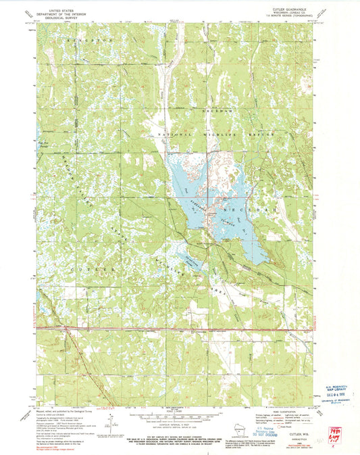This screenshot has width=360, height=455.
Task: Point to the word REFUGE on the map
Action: [257, 136]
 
